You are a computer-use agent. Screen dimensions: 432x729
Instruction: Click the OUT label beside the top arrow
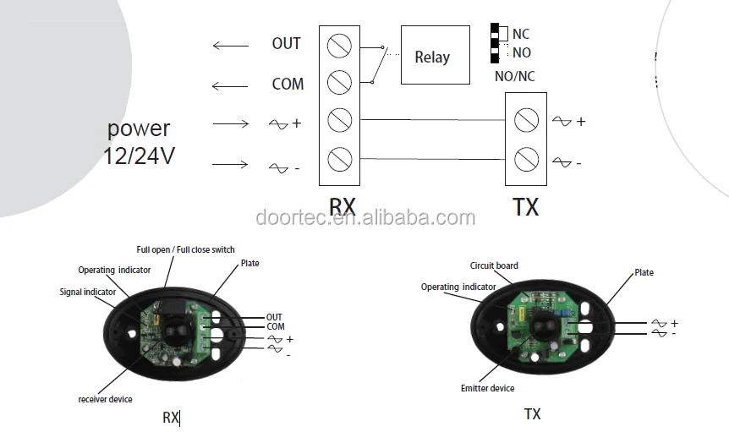point(286,44)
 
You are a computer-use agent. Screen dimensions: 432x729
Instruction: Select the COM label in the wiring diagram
point(288,84)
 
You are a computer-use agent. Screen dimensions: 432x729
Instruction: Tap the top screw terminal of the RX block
point(339,43)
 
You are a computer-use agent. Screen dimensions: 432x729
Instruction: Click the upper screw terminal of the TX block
point(526,120)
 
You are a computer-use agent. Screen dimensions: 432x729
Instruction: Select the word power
point(139,129)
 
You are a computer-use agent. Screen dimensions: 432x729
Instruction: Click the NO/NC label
point(514,76)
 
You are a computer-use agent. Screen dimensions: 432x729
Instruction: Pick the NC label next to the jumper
point(521,35)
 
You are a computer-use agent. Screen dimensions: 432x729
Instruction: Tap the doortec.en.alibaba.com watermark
point(365,218)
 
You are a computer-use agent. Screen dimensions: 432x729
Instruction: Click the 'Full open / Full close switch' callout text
point(186,249)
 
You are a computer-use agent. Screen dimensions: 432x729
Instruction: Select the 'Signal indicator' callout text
point(88,292)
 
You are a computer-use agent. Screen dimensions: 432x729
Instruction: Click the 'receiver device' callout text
point(106,399)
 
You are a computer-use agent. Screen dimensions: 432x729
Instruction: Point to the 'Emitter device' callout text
point(487,388)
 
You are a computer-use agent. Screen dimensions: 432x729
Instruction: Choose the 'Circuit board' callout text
point(494,265)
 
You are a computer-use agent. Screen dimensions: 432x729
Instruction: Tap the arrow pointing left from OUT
point(230,45)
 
